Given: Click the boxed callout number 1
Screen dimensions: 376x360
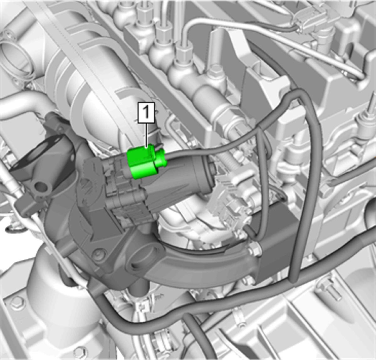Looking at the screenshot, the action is click(146, 113).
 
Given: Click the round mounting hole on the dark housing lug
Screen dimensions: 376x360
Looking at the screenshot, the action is click(41, 187).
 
